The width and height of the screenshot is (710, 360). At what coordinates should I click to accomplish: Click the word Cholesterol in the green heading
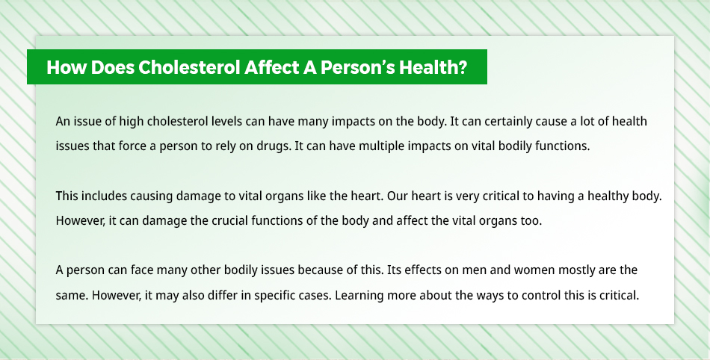point(189,68)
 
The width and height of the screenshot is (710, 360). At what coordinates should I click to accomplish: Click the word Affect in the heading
point(269,68)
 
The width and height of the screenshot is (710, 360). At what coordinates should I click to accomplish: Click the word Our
point(397,196)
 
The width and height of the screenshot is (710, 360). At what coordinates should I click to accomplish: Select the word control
point(541,296)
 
